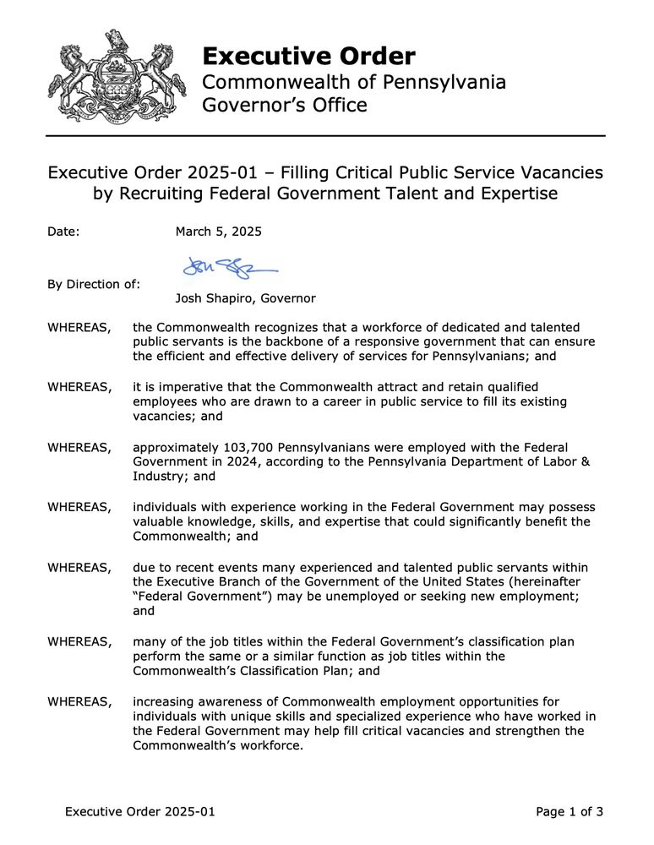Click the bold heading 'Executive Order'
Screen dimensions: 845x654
coord(308,57)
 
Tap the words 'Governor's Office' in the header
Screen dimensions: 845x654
coord(285,106)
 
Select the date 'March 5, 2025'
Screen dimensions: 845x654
coord(218,232)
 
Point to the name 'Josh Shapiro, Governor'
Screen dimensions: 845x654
coord(245,298)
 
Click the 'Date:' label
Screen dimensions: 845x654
coord(63,232)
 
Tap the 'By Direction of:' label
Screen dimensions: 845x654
coord(94,285)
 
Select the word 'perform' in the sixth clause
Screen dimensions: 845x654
coord(157,657)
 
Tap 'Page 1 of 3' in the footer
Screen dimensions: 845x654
coord(570,813)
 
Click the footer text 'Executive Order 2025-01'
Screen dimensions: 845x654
coord(140,813)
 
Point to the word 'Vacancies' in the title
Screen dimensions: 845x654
coord(559,172)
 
